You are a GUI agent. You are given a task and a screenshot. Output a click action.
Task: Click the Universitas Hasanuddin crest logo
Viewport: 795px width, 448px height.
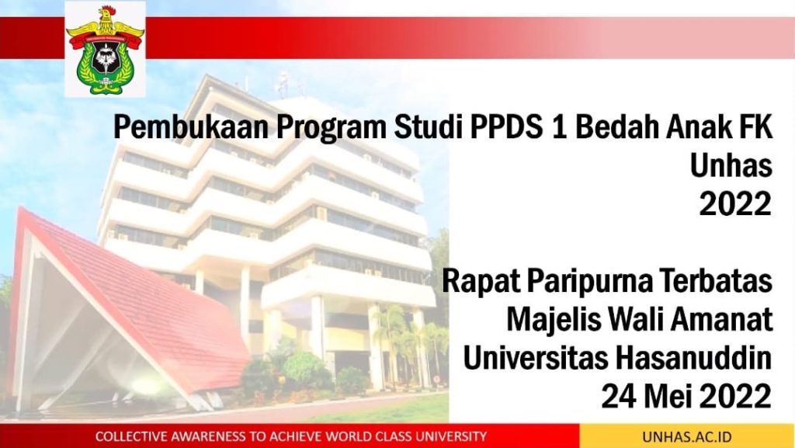105,50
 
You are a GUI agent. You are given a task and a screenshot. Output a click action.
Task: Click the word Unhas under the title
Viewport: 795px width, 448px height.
731,165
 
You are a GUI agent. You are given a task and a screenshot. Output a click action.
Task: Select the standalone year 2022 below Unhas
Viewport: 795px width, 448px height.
735,203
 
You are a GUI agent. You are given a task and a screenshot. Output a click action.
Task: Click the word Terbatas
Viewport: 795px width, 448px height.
717,280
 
